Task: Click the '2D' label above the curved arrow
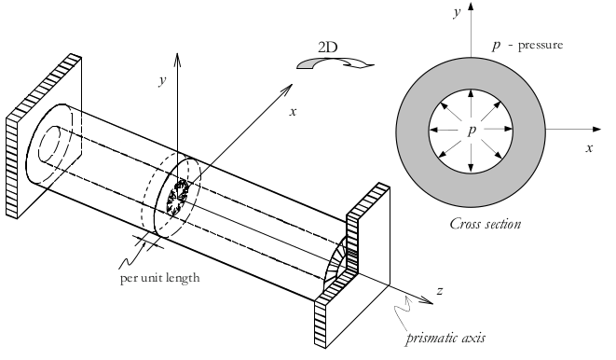coord(328,48)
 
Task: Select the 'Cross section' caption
coord(486,224)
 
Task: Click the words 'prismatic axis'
coord(445,338)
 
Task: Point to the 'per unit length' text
coord(160,278)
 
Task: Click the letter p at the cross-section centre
coord(472,130)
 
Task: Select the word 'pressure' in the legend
coord(541,46)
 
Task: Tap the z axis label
coord(440,291)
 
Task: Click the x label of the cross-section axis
coord(589,148)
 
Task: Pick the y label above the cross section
coord(457,12)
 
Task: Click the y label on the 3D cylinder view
coord(162,80)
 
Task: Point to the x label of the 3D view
coord(293,112)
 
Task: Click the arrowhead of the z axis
coord(428,301)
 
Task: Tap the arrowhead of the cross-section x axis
coord(596,129)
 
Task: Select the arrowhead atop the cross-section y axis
coord(471,7)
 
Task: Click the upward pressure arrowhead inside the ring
coord(471,93)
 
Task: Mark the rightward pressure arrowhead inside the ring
coord(508,129)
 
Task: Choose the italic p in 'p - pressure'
coord(497,45)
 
